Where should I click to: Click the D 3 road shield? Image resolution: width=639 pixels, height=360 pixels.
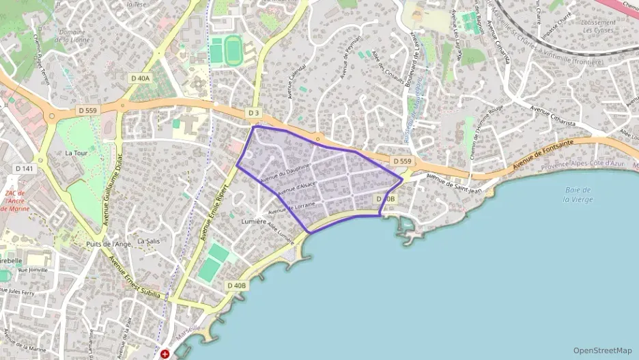pos(254,112)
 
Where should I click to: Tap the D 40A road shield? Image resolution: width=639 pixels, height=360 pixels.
pos(140,79)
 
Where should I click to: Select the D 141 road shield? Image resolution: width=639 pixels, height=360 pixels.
pos(24,168)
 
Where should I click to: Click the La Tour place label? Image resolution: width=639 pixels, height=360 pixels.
pos(76,153)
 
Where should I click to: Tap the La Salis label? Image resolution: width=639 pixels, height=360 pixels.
pos(148,240)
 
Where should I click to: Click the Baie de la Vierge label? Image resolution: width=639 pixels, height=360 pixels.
pos(578,194)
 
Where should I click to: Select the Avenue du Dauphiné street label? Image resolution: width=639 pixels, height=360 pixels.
pos(290,166)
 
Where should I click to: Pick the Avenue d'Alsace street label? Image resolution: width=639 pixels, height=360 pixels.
pos(296,185)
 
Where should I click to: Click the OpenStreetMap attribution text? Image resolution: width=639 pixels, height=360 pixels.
pos(602,350)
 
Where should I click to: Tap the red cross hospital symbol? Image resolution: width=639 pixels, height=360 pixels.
pos(165,354)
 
